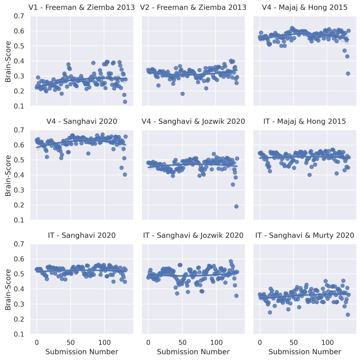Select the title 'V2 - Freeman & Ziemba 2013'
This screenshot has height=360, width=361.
click(193, 7)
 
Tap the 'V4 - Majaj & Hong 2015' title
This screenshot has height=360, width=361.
click(305, 7)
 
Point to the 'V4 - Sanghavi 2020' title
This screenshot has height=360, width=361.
click(82, 121)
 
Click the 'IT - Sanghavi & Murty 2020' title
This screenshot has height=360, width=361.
click(305, 235)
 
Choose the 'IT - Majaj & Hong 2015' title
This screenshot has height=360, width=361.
click(305, 121)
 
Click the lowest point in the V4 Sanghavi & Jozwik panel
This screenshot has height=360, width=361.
click(236, 206)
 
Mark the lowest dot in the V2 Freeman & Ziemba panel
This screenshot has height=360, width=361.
click(182, 94)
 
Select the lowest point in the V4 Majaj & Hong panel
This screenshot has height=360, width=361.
click(348, 73)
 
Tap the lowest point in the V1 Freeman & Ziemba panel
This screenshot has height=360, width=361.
click(125, 102)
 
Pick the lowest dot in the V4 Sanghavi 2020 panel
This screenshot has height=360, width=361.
click(125, 174)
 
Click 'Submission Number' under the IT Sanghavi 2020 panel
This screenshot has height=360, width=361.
click(82, 352)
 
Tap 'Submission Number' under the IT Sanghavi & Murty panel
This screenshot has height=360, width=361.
click(305, 352)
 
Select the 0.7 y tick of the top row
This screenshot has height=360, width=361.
click(20, 16)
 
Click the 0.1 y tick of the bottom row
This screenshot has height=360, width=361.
click(20, 334)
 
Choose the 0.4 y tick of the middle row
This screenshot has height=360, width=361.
click(20, 175)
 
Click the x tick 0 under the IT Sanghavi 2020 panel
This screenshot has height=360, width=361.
click(36, 342)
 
